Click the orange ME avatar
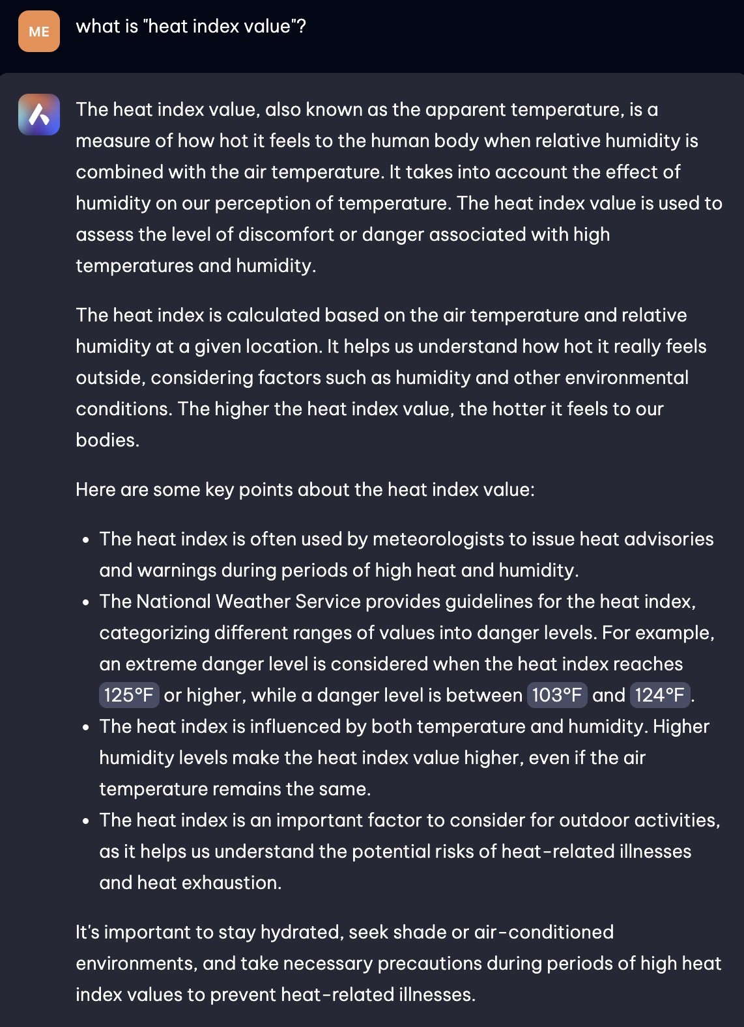click(39, 31)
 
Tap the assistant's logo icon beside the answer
click(39, 115)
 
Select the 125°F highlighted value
click(128, 695)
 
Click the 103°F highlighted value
click(556, 695)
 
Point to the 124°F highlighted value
click(659, 695)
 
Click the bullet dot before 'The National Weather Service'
click(86, 603)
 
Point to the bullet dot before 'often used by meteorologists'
click(86, 540)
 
